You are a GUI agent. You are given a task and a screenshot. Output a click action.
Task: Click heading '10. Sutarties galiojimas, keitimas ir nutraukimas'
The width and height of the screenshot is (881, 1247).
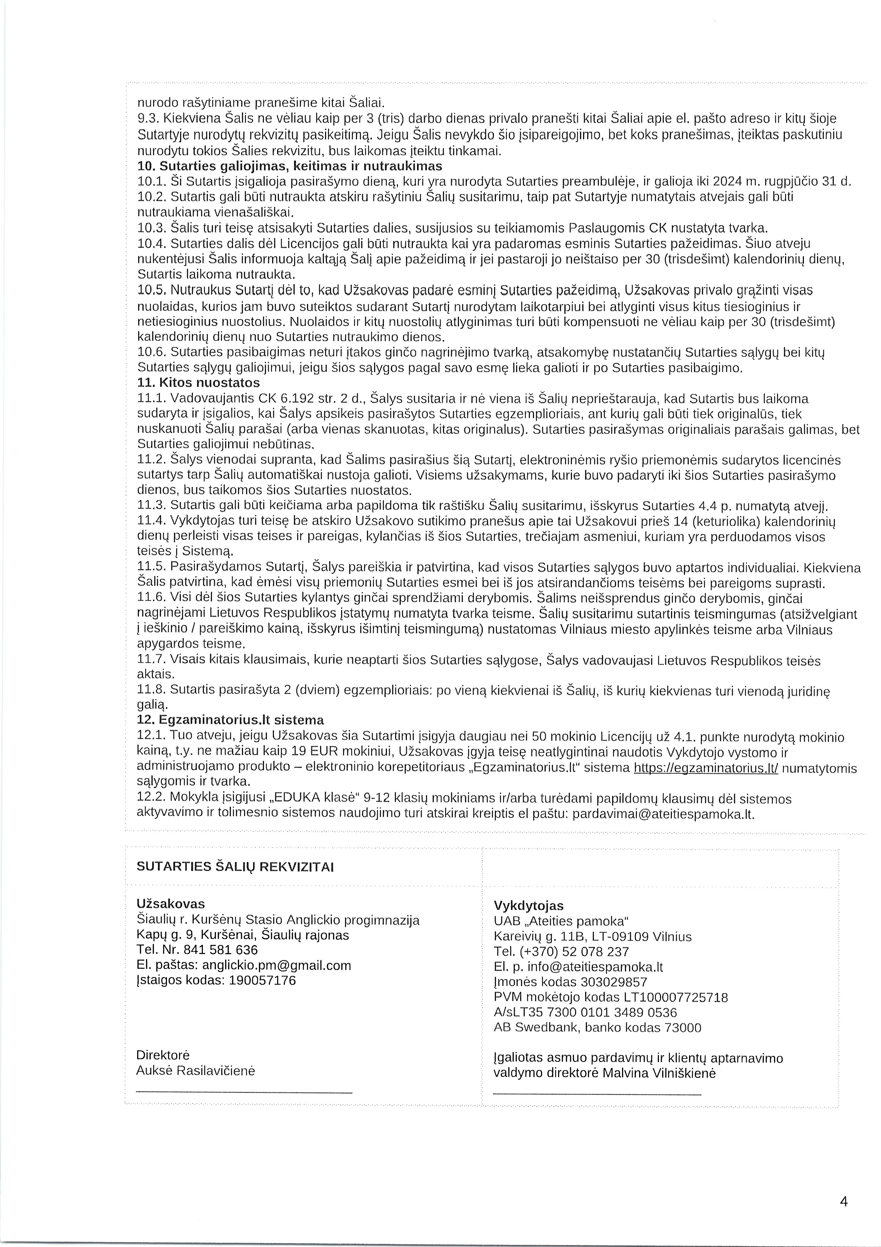[x=290, y=166]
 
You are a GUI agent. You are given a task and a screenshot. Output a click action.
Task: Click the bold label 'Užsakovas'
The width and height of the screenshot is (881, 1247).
[x=171, y=904]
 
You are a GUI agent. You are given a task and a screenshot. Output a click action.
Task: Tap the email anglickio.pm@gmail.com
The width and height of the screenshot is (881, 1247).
[x=276, y=965]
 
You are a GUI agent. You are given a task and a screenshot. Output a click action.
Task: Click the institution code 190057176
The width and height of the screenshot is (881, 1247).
[x=262, y=980]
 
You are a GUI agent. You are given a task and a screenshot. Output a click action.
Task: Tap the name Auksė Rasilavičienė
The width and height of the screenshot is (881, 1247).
[x=195, y=1070]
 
